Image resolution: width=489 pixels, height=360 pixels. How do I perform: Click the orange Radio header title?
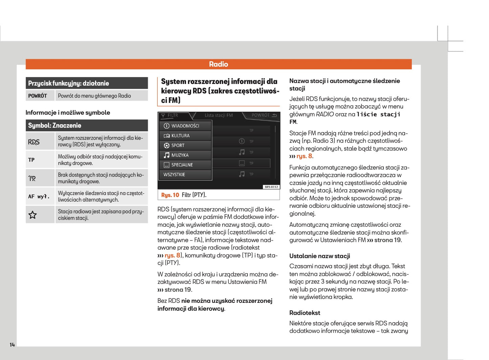tap(219, 64)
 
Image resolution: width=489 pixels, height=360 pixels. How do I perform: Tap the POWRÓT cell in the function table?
tap(38, 96)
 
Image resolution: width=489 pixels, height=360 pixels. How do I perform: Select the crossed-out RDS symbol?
tap(34, 142)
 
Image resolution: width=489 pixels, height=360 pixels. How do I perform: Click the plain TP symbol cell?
tap(31, 160)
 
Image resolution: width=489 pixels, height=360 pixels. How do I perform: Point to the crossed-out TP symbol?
tap(32, 178)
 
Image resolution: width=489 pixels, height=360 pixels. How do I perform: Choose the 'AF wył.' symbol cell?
tap(39, 197)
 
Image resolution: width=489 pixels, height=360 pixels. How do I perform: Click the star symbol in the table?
tap(32, 215)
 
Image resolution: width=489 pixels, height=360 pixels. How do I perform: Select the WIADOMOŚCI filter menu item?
tap(185, 126)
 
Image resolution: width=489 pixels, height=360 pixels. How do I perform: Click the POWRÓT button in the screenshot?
tap(264, 115)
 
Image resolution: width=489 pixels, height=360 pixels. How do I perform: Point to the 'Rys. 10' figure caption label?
tap(170, 195)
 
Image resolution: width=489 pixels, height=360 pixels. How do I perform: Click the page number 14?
tap(12, 345)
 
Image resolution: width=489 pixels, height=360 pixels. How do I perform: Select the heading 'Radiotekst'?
tap(305, 313)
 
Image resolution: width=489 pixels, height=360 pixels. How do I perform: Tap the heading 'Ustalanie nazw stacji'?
tap(319, 256)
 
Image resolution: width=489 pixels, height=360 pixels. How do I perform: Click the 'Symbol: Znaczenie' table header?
tap(54, 126)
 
